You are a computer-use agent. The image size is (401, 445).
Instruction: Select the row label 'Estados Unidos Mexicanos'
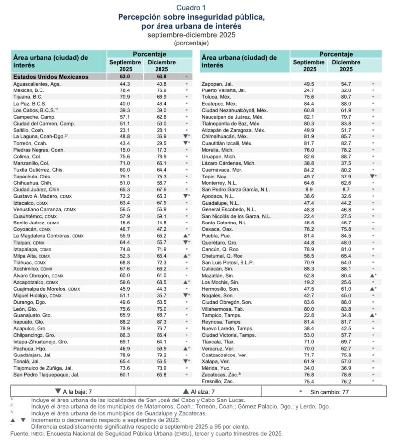point(51,77)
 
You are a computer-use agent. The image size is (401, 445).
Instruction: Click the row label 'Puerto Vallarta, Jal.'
point(224,91)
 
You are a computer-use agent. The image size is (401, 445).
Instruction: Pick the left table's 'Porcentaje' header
point(150,54)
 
